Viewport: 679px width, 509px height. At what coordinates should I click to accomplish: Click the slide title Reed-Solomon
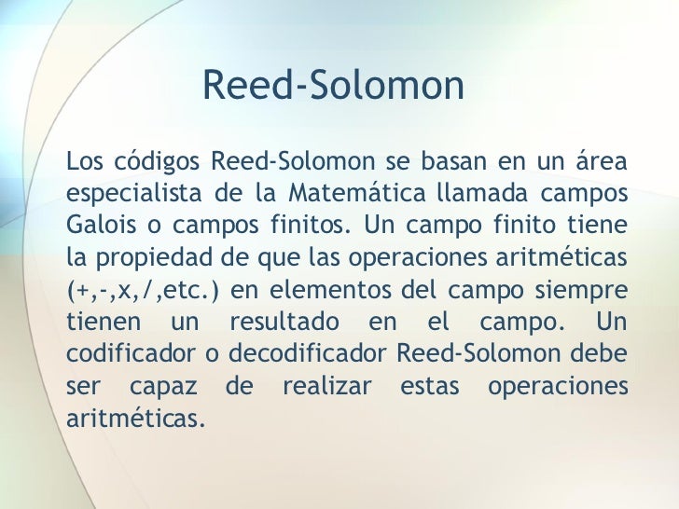[x=332, y=87]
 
